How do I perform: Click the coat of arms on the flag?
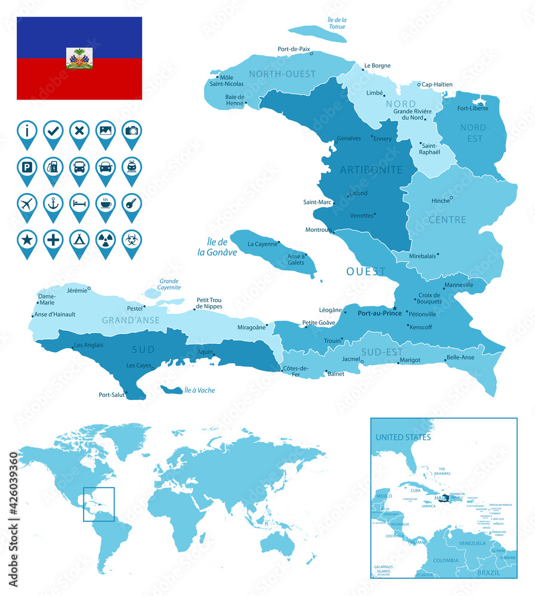coord(79,58)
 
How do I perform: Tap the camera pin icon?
coord(132,131)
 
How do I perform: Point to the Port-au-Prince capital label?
coord(379,312)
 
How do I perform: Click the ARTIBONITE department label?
coord(371,170)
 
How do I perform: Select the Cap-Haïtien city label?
coord(437,85)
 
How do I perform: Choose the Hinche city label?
coord(440,201)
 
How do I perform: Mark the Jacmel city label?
coord(351,359)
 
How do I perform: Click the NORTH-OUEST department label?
coord(282,74)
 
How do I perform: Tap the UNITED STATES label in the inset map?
coord(403,437)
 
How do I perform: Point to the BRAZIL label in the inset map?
coord(490,572)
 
